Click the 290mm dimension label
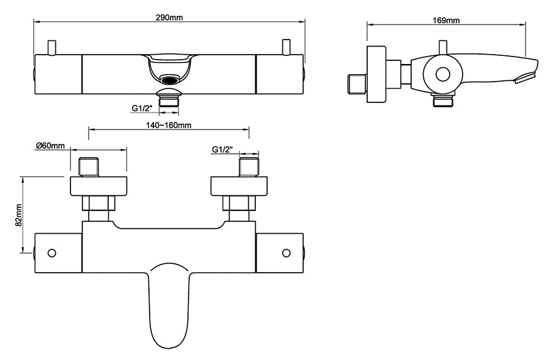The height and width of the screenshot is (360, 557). (170, 17)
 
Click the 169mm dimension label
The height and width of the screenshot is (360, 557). (446, 20)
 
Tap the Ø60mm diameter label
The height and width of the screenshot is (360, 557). (51, 146)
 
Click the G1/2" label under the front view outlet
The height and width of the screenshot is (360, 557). (143, 109)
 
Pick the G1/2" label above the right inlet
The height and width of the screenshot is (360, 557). (223, 150)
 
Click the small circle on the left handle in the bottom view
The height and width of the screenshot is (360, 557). (52, 253)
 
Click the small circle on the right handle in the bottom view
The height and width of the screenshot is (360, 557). (286, 253)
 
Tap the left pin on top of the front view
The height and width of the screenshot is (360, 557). (53, 47)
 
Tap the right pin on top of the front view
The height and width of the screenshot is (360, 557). (286, 47)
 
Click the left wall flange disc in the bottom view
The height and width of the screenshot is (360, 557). (98, 186)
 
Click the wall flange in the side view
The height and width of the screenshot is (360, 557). (376, 74)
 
